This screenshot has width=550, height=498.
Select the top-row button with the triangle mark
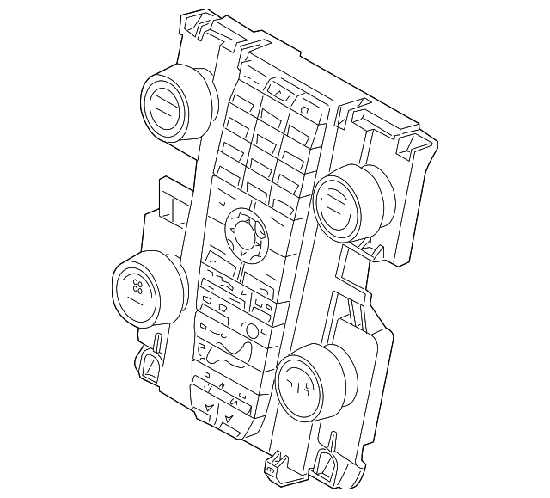pos(279,88)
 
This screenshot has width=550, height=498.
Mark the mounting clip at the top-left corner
pos(199,25)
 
